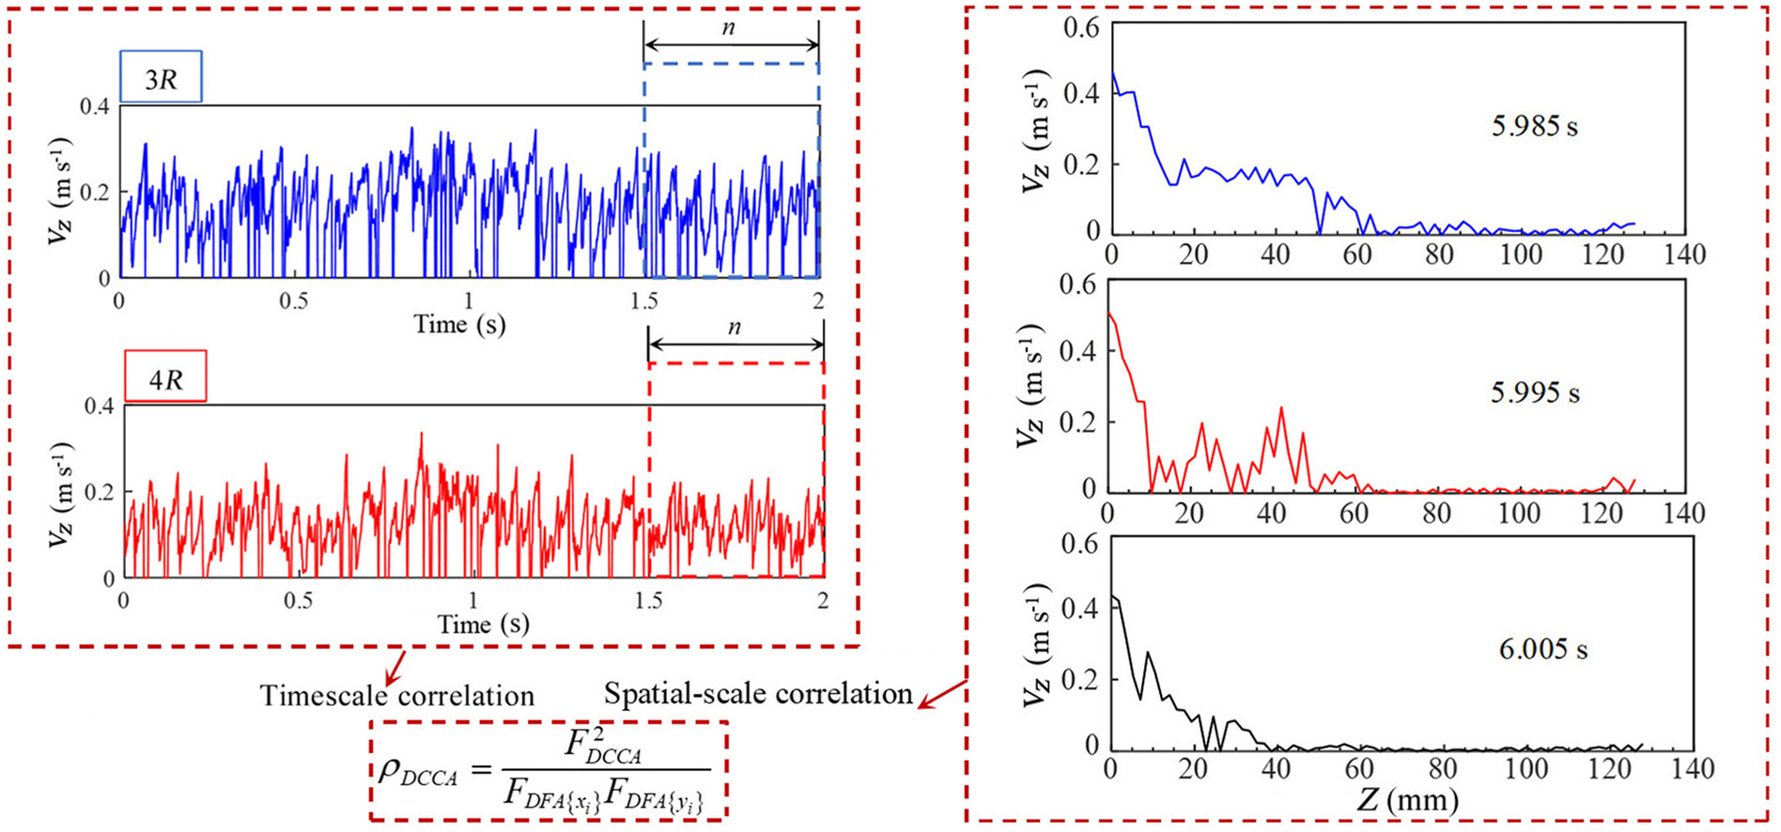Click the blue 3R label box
click(x=161, y=77)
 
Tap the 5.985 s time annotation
click(x=1534, y=126)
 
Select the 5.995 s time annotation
click(x=1535, y=392)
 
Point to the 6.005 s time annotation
click(x=1542, y=649)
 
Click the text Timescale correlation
click(x=396, y=696)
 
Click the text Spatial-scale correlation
click(x=758, y=694)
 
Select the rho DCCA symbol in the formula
click(x=416, y=772)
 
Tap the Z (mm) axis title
click(x=1406, y=800)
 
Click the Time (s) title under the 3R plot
click(x=459, y=325)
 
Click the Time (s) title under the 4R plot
click(x=483, y=624)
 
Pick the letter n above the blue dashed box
click(x=729, y=28)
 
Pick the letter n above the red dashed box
click(x=735, y=328)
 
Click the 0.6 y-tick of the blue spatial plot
click(x=1080, y=26)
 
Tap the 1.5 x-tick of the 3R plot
click(x=644, y=300)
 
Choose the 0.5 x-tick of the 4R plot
click(x=299, y=601)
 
